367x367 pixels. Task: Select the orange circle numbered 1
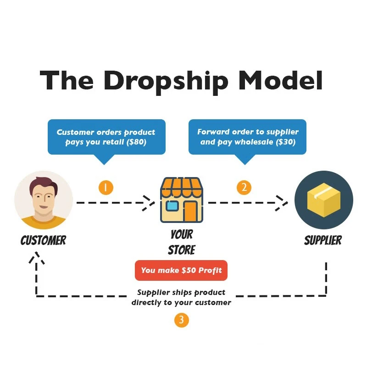(x=106, y=187)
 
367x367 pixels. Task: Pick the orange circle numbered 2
(x=244, y=187)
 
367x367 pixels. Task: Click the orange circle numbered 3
(x=182, y=320)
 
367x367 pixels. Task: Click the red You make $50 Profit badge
(x=181, y=270)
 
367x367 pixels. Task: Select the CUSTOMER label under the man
(x=44, y=240)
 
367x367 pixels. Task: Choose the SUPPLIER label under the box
(x=323, y=240)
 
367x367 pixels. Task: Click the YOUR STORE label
(x=182, y=242)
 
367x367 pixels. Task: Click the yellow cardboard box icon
(x=323, y=200)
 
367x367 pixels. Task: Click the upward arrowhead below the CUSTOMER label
(x=37, y=259)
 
